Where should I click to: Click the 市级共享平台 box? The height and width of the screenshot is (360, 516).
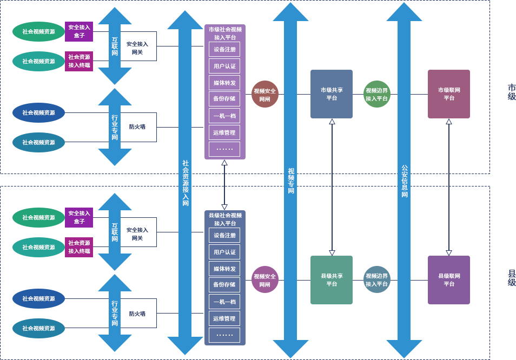point(332,94)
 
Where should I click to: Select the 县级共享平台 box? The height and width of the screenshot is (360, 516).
point(332,280)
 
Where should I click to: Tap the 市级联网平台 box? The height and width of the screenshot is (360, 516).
point(449,94)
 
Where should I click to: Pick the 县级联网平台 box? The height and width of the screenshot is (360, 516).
point(449,280)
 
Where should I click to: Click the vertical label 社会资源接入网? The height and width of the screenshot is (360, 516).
point(186,183)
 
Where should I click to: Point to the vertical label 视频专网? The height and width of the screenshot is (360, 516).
point(291,181)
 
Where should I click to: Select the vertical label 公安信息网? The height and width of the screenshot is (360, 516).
point(405,181)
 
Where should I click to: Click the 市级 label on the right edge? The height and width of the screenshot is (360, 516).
point(511,92)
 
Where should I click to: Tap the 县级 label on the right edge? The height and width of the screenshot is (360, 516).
point(511,278)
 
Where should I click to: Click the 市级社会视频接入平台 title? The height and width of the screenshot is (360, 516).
point(225,34)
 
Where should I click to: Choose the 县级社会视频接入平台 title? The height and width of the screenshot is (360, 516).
point(225,219)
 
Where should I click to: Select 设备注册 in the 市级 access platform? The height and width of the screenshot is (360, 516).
point(224,49)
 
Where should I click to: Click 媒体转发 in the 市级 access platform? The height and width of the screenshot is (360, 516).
point(224,83)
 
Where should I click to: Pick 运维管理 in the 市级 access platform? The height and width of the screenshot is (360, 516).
point(224,132)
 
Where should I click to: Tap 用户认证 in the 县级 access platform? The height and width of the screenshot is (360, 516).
point(224,252)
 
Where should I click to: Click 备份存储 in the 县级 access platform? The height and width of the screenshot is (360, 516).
point(224,285)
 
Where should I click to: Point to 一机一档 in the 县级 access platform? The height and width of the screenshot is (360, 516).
point(224,302)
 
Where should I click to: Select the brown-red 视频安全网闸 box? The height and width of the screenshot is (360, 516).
point(264,95)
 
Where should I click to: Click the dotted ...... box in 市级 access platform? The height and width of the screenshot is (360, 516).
point(224,149)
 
